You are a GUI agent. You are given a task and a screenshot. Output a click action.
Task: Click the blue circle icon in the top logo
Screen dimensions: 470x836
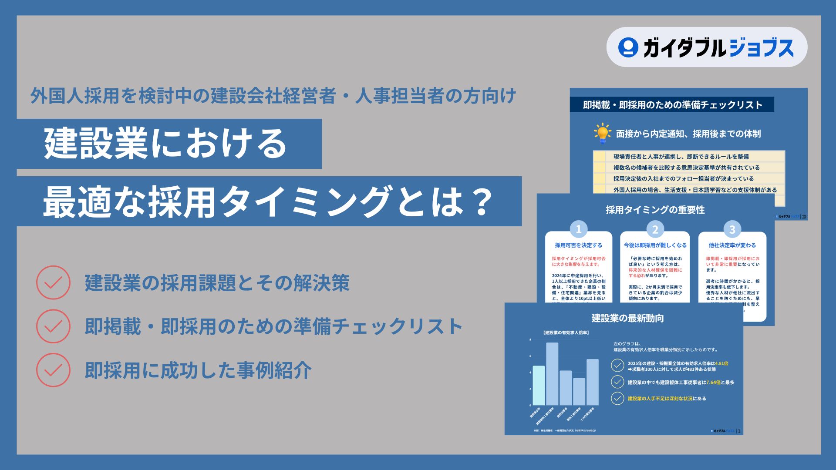coord(628,47)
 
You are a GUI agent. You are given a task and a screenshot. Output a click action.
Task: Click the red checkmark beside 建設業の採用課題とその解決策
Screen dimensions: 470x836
coord(53,282)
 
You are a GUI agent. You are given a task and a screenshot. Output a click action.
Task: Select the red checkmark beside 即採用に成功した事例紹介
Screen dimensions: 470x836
coord(53,370)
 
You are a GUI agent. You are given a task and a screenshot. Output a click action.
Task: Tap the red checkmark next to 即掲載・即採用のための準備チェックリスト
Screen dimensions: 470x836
coord(53,326)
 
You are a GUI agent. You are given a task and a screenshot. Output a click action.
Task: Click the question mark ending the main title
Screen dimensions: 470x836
coord(482,202)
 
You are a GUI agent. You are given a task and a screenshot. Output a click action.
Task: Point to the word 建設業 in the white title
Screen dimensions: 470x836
coord(96,144)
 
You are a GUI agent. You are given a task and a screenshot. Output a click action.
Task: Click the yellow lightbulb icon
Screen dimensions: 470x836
coord(603,133)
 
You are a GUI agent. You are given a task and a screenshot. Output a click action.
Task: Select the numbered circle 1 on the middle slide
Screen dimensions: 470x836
coord(579,229)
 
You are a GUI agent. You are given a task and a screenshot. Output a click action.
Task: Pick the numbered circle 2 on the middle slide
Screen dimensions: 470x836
coord(655,229)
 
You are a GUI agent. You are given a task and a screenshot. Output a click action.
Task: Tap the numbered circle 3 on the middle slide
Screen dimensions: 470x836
coord(732,229)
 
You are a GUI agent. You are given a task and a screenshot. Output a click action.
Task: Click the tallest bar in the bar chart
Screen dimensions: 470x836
coord(552,374)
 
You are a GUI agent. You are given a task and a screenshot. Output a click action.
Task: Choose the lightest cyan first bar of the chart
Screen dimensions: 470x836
coord(539,386)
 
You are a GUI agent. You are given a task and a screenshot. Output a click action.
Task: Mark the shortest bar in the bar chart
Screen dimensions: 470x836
coord(579,392)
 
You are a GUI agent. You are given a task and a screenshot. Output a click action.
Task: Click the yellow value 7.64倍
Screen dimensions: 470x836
coord(713,383)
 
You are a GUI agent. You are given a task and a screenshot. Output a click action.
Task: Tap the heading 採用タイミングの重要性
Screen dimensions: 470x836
coord(655,210)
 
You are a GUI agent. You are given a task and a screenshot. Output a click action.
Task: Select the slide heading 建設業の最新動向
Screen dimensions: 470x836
coord(627,318)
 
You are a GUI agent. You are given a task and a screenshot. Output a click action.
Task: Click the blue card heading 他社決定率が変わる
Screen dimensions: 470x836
coord(732,245)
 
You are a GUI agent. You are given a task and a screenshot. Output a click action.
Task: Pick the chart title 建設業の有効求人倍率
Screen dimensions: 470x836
coord(566,333)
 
